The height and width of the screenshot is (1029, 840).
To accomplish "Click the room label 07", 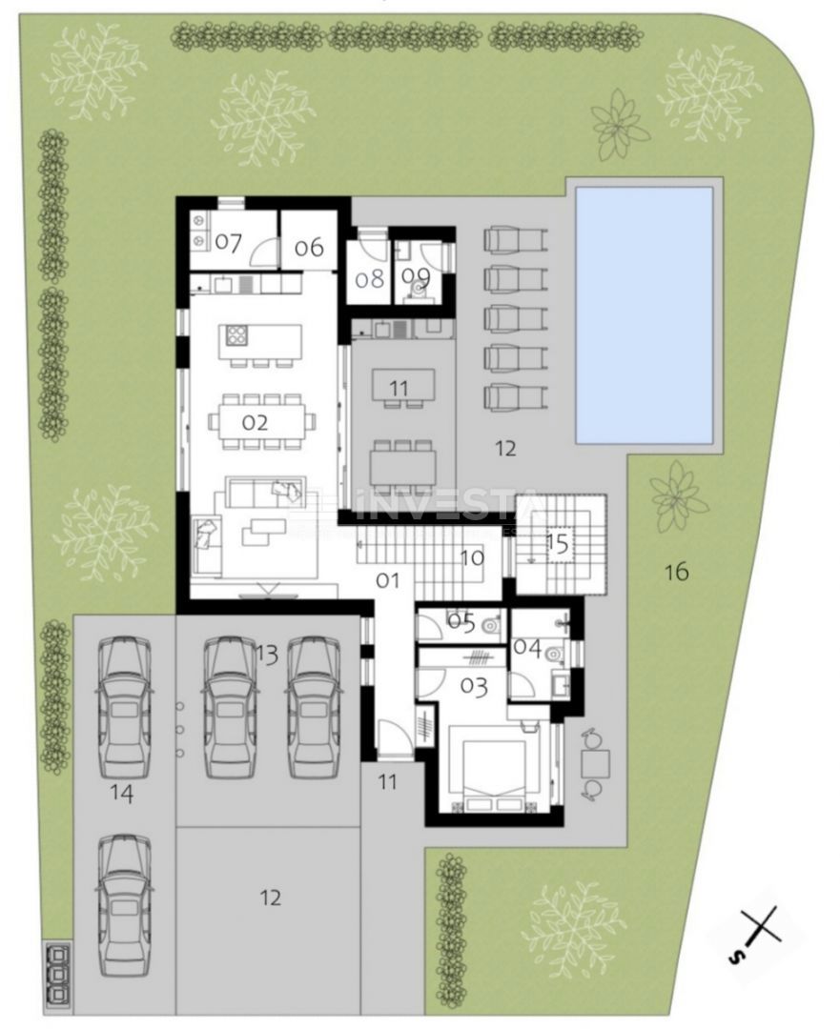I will (x=228, y=242).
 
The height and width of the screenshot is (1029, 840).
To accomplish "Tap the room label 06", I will (x=309, y=247).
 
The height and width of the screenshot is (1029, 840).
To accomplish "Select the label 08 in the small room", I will (x=369, y=278).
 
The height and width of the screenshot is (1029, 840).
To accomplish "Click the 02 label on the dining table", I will (x=255, y=421).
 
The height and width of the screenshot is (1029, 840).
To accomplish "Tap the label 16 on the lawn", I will (x=676, y=572).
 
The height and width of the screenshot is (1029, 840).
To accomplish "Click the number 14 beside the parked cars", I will (x=121, y=793).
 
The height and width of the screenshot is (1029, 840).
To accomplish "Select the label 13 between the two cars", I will (x=267, y=654).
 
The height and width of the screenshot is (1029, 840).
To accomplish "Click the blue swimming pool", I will (x=645, y=315).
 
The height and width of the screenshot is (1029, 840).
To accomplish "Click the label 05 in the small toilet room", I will (x=461, y=623).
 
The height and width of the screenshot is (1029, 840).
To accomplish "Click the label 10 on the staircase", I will (x=472, y=558).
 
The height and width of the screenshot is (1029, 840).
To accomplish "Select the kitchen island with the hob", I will (x=260, y=339).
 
